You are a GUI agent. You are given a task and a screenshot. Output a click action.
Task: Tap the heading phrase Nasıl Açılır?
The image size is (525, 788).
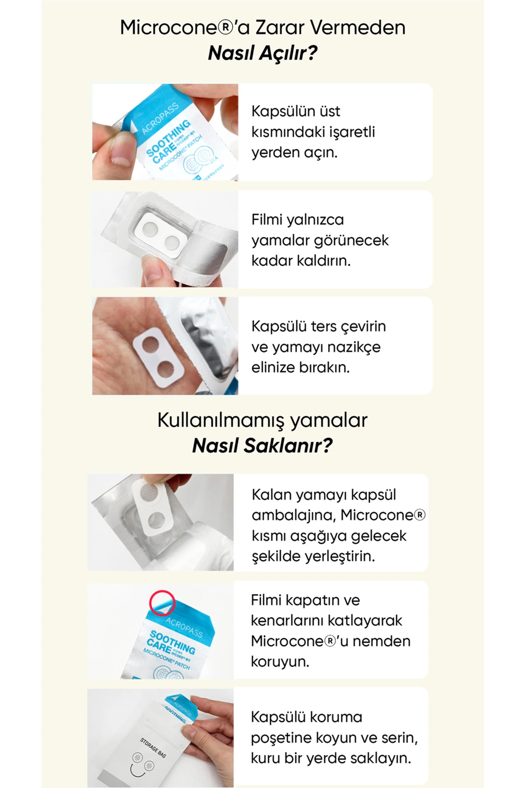262,53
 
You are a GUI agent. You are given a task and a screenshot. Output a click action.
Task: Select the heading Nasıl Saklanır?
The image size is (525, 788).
262,446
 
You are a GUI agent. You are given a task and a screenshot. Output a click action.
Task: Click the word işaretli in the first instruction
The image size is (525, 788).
350,132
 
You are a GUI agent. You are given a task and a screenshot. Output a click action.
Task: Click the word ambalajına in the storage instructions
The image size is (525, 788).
293,515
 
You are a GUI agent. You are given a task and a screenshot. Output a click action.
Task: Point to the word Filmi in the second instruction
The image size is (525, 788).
267,220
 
